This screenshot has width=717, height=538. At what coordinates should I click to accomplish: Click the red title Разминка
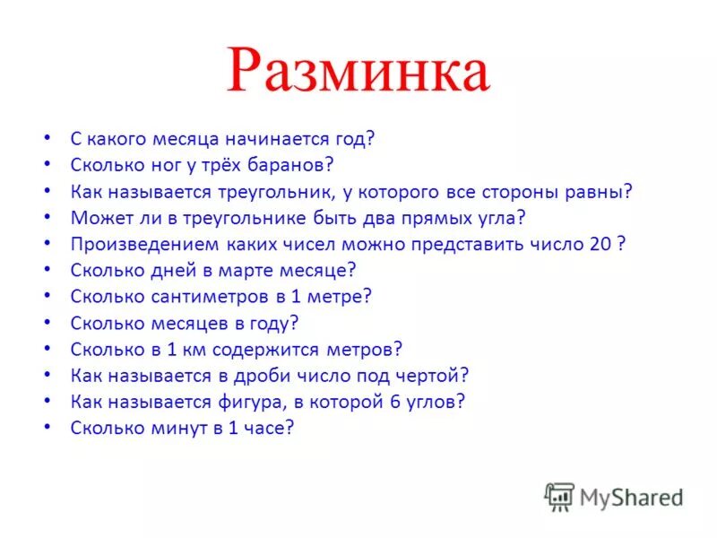tap(358, 73)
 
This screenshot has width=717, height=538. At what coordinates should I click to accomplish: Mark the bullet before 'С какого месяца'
tap(46, 139)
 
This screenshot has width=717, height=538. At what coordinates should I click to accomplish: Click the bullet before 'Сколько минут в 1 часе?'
tap(46, 428)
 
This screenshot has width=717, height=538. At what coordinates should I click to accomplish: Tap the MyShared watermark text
tap(631, 496)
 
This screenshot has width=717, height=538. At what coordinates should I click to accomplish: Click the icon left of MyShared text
tap(559, 496)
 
